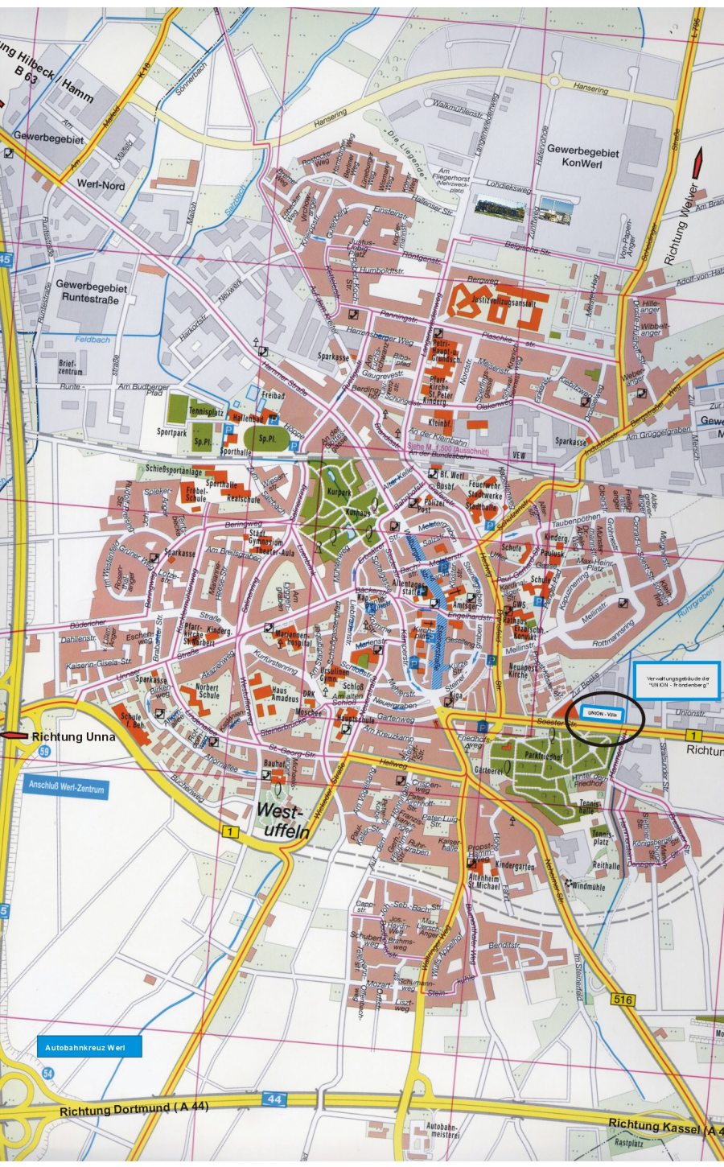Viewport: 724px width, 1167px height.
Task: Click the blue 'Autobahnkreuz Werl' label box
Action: [x=89, y=1047]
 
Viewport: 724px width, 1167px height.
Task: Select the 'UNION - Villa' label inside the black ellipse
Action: [x=602, y=714]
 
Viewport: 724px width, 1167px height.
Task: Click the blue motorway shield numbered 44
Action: [x=274, y=1099]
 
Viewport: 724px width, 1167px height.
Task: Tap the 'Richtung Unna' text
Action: [x=73, y=736]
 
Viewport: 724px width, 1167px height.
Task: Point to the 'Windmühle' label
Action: [x=594, y=885]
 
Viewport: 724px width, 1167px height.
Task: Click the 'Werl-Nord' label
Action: [x=101, y=185]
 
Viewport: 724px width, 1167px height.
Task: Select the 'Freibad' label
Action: [x=274, y=397]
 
